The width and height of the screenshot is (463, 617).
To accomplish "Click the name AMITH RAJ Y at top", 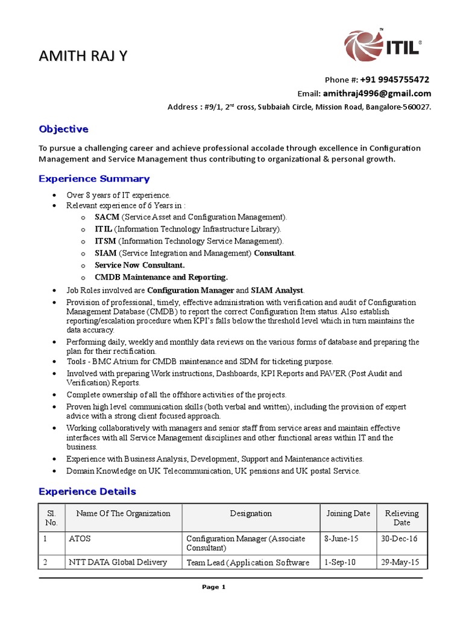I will pyautogui.click(x=83, y=57).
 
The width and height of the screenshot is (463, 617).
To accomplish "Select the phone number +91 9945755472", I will pyautogui.click(x=395, y=80).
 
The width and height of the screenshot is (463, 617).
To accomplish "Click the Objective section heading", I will pyautogui.click(x=63, y=129).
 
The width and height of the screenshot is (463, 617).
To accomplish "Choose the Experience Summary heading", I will pyautogui.click(x=94, y=178).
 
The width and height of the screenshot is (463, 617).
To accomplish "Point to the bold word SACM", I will pyautogui.click(x=107, y=216).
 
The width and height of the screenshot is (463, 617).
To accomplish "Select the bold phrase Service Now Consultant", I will pyautogui.click(x=140, y=265).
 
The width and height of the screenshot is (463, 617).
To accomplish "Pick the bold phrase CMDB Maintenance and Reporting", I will pyautogui.click(x=162, y=277).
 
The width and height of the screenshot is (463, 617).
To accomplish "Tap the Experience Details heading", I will pyautogui.click(x=87, y=491).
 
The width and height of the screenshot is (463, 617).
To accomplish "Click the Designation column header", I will pyautogui.click(x=251, y=513).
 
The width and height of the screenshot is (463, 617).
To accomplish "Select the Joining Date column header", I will pyautogui.click(x=348, y=513).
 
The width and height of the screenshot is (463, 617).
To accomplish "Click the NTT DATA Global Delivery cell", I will pyautogui.click(x=118, y=562).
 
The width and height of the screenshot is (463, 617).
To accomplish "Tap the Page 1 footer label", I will pyautogui.click(x=214, y=587).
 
